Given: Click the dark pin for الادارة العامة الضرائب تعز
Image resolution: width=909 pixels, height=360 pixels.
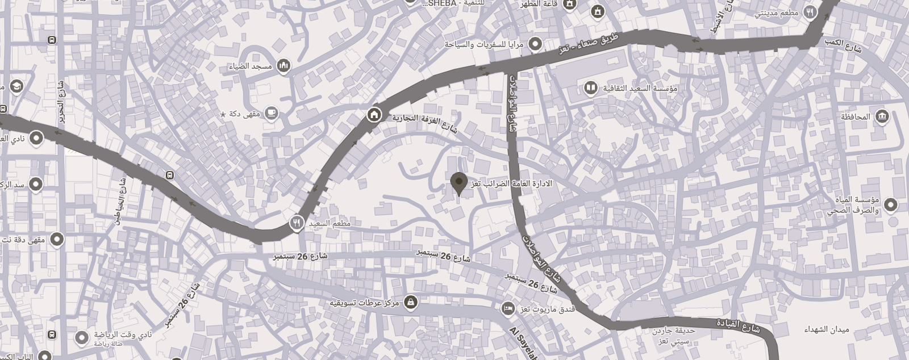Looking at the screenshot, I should [459, 183].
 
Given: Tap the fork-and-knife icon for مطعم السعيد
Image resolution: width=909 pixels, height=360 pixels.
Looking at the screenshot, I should [297, 223].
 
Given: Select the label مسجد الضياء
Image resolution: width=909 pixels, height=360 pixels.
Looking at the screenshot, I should [251, 66].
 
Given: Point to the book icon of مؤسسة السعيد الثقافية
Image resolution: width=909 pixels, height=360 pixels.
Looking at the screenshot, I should [591, 88].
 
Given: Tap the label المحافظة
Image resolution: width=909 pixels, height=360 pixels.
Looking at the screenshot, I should [856, 117].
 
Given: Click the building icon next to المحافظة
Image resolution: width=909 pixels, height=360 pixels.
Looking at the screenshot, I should [882, 117].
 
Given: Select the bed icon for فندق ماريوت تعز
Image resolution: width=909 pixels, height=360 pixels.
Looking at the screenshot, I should [508, 308].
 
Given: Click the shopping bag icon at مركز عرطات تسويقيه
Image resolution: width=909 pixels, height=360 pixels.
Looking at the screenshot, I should [410, 302].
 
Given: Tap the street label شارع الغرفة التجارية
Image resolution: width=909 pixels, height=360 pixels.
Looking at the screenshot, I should [425, 122].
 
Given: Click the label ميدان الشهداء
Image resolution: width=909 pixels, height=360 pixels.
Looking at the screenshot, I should [827, 329].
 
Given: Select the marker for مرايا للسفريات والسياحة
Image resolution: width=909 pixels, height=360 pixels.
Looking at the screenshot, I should [535, 44].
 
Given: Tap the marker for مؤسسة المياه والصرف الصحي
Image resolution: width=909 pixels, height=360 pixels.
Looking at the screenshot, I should [891, 204].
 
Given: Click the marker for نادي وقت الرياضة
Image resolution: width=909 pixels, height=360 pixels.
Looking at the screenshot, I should [82, 338].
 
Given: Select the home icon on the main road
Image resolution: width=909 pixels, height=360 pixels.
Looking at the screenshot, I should [374, 115].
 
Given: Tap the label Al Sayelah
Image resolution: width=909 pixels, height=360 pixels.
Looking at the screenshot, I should [523, 344].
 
